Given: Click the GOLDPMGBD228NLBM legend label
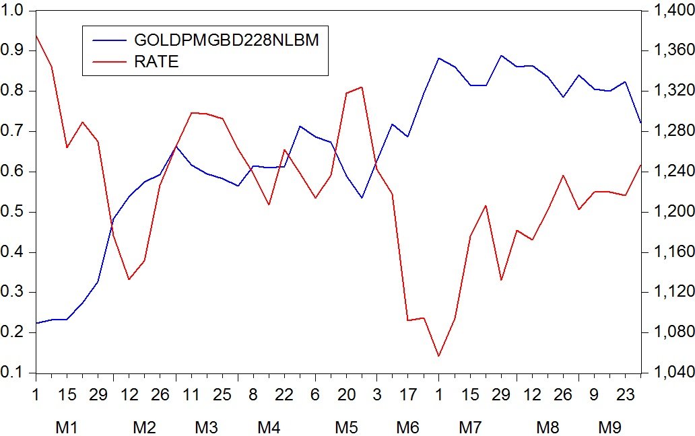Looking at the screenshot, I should pos(226,40).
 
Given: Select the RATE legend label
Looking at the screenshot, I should pos(156,62).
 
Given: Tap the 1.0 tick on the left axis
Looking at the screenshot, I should pos(13,11).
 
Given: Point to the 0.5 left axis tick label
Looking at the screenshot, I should pos(13,212).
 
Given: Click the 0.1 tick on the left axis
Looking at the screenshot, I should pos(13,373).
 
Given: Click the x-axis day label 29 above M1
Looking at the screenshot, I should pos(98,394).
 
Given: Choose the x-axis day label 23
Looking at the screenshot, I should pos(626,394).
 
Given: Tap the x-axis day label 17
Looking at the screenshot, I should pos(407,394).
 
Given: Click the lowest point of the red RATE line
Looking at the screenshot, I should pos(439,356).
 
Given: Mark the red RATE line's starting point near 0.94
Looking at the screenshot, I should pos(36,35).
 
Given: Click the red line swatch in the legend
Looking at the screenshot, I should pos(108,62).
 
